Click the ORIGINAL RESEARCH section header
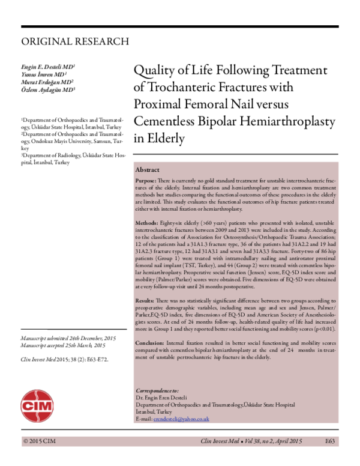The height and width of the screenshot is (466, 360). coord(75,41)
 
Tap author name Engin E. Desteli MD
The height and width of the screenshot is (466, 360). coord(48,65)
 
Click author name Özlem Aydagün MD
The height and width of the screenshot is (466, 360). coord(49,89)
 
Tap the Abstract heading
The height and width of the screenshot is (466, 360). coord(148,170)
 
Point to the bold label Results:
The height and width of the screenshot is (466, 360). coord(145,300)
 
